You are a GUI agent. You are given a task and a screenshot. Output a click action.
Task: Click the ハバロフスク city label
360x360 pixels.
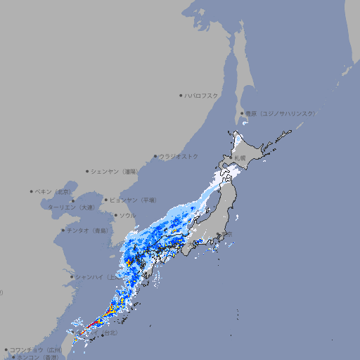click(202, 95)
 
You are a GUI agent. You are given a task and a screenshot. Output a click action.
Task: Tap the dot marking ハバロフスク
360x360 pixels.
click(181, 95)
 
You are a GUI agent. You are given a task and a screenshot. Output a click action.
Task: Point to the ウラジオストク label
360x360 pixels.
click(179, 156)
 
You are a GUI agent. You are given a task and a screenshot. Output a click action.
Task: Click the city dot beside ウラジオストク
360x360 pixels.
click(155, 156)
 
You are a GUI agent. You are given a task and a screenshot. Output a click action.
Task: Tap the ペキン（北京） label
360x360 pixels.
click(53, 191)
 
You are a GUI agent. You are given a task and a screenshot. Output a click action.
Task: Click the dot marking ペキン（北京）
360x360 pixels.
click(32, 191)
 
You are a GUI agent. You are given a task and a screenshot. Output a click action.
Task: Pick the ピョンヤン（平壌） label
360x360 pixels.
click(134, 200)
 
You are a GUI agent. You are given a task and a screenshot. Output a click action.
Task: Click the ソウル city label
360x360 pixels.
click(127, 215)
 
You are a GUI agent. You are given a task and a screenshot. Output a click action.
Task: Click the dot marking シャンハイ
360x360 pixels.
click(71, 276)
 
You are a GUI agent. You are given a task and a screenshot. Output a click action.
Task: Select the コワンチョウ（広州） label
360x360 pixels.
click(35, 349)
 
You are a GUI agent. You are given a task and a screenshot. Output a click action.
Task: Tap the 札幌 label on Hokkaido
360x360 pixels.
click(240, 158)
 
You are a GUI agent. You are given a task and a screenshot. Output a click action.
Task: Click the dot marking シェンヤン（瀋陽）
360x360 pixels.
click(87, 171)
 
